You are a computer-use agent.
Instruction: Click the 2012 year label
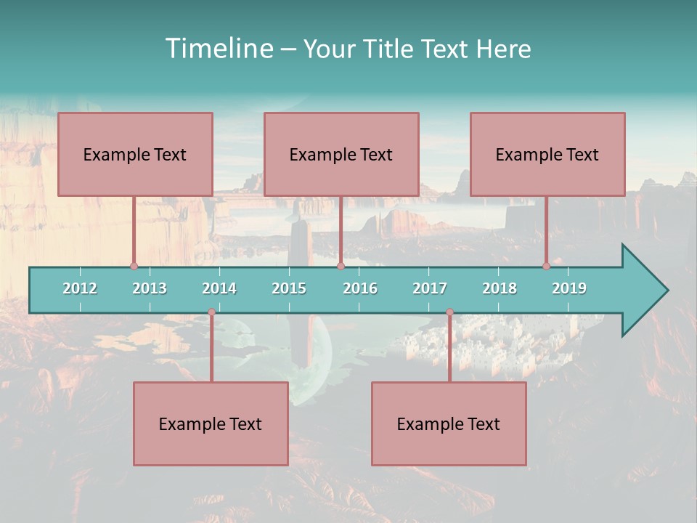pyautogui.click(x=80, y=288)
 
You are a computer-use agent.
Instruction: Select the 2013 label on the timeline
pyautogui.click(x=150, y=288)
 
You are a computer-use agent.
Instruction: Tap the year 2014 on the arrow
pyautogui.click(x=219, y=288)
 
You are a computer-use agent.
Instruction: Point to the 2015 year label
pyautogui.click(x=289, y=288)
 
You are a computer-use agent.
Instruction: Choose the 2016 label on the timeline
pyautogui.click(x=360, y=288)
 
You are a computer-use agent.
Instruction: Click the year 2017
pyautogui.click(x=430, y=288)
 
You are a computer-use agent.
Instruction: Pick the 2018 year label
pyautogui.click(x=500, y=288)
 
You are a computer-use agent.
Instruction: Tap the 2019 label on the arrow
pyautogui.click(x=569, y=288)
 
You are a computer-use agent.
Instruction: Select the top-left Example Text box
pyautogui.click(x=135, y=155)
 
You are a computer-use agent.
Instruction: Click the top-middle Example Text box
pyautogui.click(x=341, y=155)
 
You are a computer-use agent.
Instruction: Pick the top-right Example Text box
pyautogui.click(x=547, y=155)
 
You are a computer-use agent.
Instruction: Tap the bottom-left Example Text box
pyautogui.click(x=211, y=424)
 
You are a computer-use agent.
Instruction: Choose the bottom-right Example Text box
pyautogui.click(x=449, y=424)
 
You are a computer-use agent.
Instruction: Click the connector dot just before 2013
pyautogui.click(x=134, y=267)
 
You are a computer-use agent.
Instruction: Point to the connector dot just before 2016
pyautogui.click(x=341, y=267)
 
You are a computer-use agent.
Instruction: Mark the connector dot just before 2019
pyautogui.click(x=547, y=267)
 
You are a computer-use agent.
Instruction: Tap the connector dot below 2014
pyautogui.click(x=211, y=312)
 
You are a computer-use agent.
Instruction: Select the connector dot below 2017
pyautogui.click(x=449, y=312)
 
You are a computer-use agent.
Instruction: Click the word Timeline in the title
pyautogui.click(x=219, y=49)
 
